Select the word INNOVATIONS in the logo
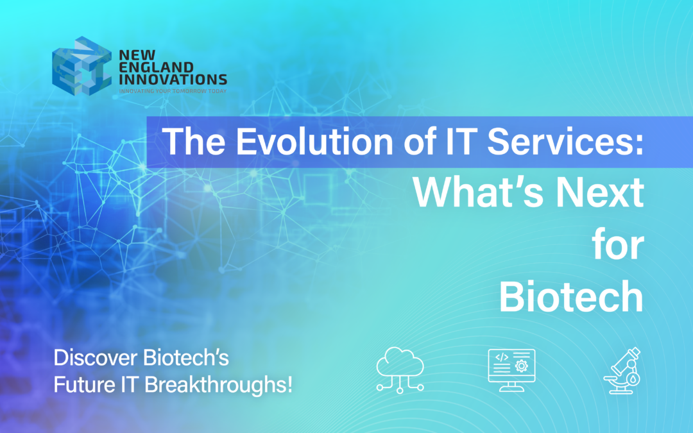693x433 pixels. (173, 80)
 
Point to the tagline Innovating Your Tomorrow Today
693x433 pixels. (173, 91)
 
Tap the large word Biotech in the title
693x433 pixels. (571, 296)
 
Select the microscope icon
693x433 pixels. (622, 370)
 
